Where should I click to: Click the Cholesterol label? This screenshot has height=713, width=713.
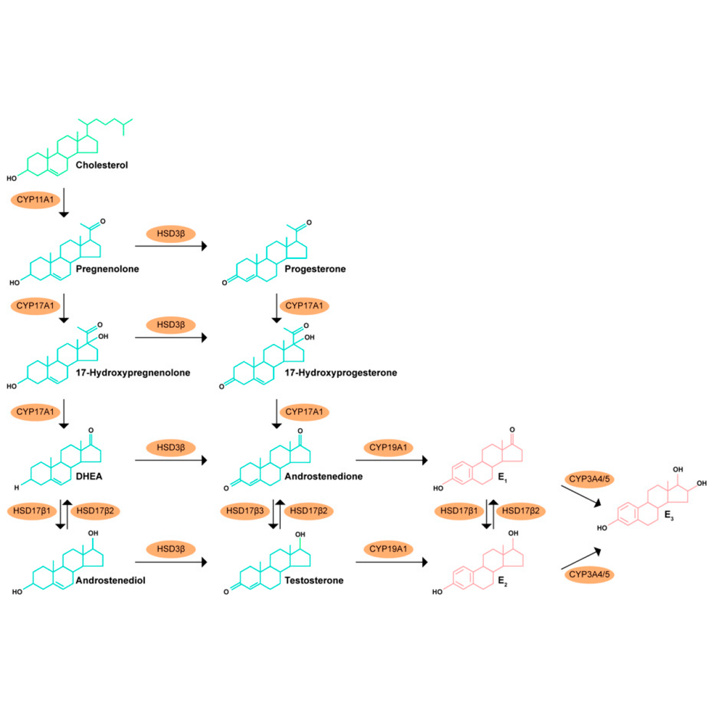coord(102,165)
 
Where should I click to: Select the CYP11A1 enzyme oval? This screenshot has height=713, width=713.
coord(36,200)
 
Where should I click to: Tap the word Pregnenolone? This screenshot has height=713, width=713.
coord(107,269)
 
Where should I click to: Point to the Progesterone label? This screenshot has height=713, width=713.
coord(315,269)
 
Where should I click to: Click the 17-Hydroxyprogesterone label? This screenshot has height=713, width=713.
coord(340,373)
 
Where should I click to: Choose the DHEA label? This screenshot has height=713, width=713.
coord(89,476)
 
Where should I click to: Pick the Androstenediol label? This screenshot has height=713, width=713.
coord(111,580)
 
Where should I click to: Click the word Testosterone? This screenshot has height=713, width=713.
coord(314,580)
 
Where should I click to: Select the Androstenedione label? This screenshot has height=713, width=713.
coord(324,476)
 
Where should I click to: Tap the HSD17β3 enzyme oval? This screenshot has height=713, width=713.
coord(245,511)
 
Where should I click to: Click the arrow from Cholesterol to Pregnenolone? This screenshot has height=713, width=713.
coord(64,203)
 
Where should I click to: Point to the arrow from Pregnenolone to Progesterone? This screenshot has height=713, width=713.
coord(171,246)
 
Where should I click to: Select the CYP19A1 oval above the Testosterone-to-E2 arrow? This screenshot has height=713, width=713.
coord(389,549)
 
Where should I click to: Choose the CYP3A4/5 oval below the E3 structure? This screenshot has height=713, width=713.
coord(589,574)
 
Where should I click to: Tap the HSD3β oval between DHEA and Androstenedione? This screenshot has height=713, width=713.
coord(171,448)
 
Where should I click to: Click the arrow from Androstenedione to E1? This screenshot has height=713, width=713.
coord(392,460)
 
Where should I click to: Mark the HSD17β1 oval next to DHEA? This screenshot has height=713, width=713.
coord(32,511)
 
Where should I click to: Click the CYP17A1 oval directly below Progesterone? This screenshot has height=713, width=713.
coord(304,306)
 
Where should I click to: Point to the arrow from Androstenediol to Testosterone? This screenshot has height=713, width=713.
coord(171,562)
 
